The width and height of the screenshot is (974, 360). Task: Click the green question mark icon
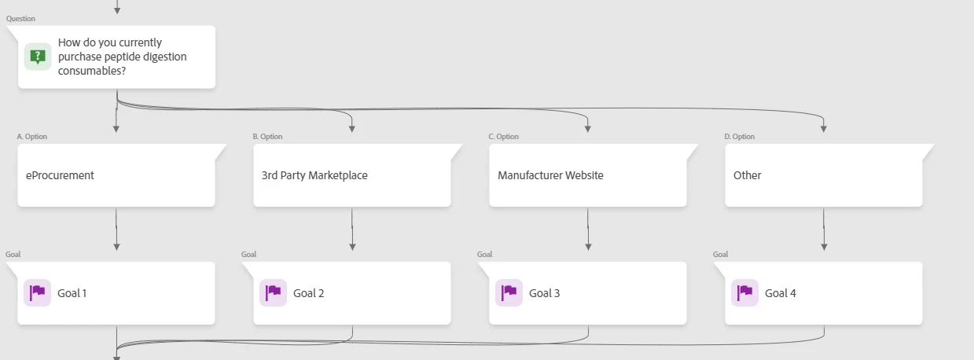point(37,57)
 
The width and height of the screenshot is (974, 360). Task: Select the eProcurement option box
point(116,175)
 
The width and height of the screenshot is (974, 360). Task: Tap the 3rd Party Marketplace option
point(352,175)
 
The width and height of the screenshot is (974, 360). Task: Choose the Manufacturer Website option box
point(588,175)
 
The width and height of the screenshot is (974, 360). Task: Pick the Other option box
point(824,175)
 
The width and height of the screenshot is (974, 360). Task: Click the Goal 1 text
point(72,293)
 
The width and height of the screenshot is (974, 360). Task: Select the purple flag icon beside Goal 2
point(273,292)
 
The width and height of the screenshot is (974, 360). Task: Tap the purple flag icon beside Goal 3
point(509,292)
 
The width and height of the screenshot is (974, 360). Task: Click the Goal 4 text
point(781,293)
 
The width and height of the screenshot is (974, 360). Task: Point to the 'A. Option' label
point(32,137)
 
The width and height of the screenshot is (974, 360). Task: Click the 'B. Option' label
point(268,137)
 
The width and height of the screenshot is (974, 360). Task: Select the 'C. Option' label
point(504,137)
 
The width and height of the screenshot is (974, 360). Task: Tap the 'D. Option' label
point(740,137)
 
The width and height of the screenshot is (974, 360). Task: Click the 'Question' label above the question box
point(21,18)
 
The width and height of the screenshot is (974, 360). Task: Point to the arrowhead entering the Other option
point(824,128)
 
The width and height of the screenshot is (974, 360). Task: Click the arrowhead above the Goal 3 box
point(588,247)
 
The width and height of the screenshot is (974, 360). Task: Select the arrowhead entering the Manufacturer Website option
point(588,128)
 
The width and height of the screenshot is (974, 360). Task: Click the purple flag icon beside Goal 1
point(37,292)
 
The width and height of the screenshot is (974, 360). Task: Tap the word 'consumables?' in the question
point(92,71)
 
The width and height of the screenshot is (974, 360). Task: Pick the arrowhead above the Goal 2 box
point(352,247)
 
